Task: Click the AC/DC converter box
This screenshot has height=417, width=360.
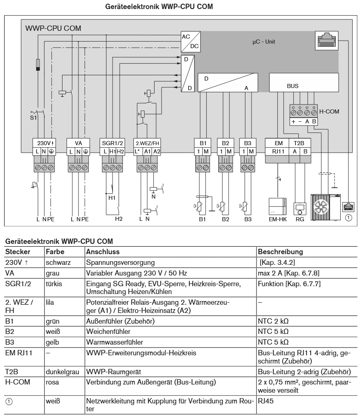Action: tap(190, 42)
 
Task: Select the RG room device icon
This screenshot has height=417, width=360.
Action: tap(300, 208)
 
